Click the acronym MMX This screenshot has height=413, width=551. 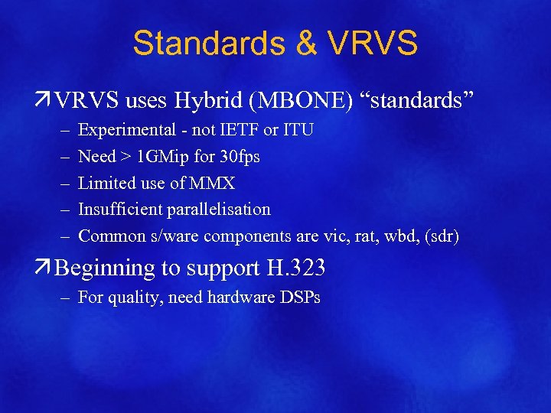(x=211, y=184)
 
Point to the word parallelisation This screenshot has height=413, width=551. (x=220, y=210)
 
